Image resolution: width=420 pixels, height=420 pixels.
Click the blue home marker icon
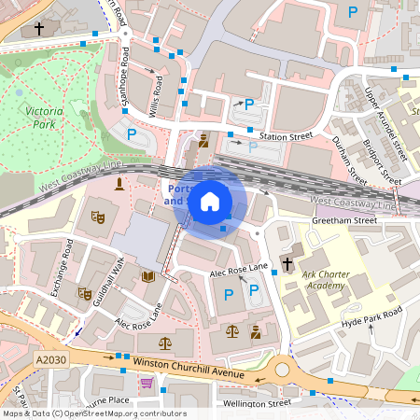[x=210, y=202]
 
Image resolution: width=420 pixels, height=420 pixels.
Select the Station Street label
[x=286, y=136]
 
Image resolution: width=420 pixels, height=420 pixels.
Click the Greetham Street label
[x=343, y=221]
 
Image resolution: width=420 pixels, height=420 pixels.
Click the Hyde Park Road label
[x=371, y=315]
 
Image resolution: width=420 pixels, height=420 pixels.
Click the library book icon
[x=147, y=276]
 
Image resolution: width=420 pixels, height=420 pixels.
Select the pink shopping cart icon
[x=146, y=383]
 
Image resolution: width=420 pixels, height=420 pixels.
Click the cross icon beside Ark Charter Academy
[x=287, y=264]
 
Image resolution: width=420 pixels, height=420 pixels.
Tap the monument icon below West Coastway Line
[x=119, y=184]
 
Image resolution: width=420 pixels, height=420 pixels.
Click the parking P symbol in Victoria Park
[x=132, y=134]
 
